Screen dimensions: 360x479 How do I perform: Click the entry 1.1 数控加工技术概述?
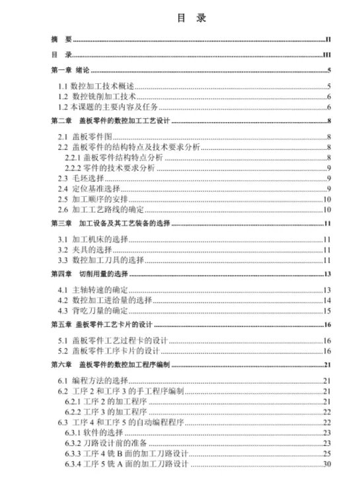[96, 87]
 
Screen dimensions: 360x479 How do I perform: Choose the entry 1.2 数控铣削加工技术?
[96, 96]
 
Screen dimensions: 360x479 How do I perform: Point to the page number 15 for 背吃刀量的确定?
[326, 311]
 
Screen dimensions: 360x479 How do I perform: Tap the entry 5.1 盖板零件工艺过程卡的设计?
[112, 341]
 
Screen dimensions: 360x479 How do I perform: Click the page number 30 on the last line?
[326, 463]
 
